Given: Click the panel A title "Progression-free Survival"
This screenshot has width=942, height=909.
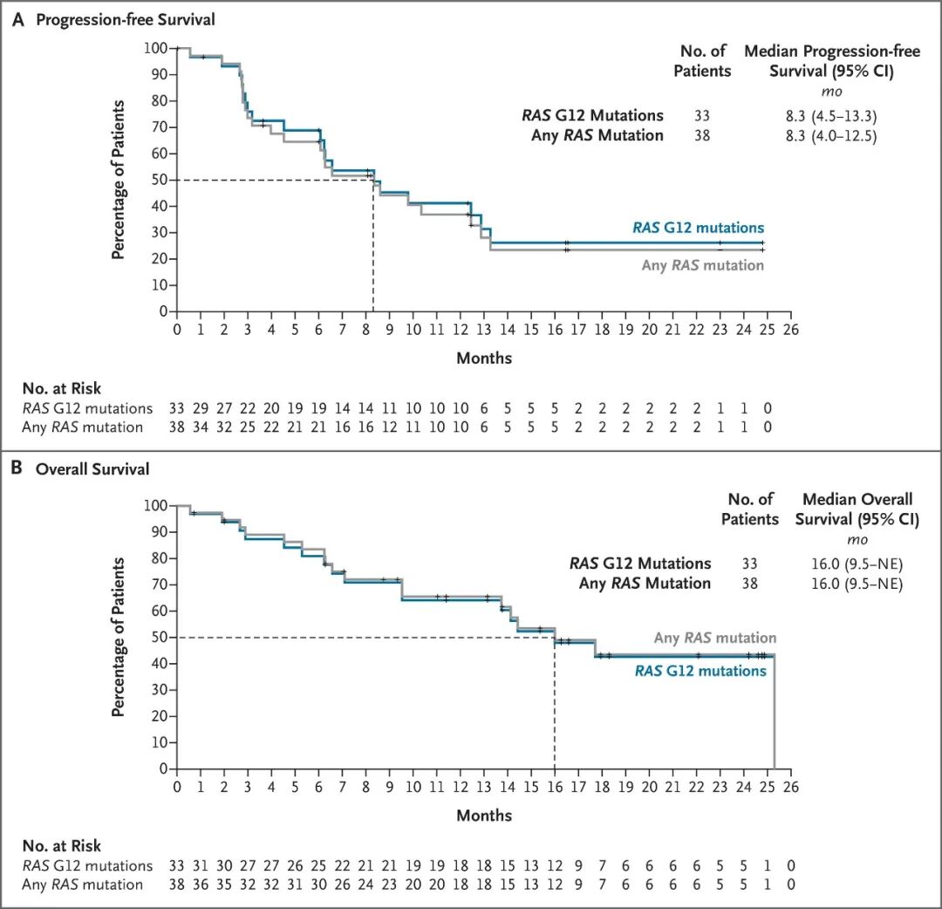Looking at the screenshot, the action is [126, 20].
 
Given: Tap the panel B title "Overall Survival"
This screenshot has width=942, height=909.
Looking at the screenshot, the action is [92, 469].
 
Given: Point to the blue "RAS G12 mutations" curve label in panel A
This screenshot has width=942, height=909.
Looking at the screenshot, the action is [698, 228].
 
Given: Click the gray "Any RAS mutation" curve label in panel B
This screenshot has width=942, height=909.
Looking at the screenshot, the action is [715, 638].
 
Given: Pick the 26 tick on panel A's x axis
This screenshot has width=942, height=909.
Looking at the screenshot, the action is [790, 329].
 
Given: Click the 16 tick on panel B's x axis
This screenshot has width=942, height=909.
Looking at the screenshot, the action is [555, 787].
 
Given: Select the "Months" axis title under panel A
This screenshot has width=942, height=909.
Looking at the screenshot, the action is [484, 358].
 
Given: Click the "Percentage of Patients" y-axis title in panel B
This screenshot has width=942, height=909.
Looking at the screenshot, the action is [119, 638].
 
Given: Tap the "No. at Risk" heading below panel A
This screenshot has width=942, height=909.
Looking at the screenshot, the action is [62, 388].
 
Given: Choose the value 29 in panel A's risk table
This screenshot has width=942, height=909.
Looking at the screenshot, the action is [200, 408].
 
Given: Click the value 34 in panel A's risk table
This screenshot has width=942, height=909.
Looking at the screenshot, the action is [200, 427].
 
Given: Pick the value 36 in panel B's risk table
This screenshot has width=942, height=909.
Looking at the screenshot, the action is [200, 885].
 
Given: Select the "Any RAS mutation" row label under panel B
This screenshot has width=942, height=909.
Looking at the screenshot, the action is [82, 885].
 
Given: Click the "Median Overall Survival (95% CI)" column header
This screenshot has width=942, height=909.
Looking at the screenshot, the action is [857, 509].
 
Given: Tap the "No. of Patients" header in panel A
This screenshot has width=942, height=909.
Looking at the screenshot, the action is [702, 61].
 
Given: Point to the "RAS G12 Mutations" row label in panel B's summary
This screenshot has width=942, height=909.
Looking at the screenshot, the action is [640, 564].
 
